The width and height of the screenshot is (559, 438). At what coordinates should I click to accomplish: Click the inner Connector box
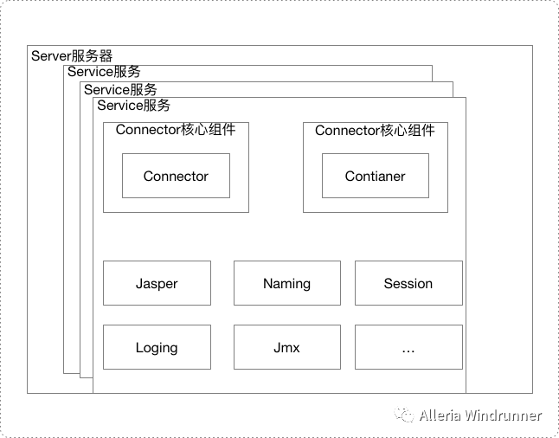click(176, 177)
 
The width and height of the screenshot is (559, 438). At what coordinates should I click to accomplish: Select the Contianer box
click(375, 177)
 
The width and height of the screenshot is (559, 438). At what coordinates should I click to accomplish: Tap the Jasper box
click(157, 283)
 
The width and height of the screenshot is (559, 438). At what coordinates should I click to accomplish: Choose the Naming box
click(286, 283)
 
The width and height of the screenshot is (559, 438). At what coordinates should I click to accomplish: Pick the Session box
click(408, 283)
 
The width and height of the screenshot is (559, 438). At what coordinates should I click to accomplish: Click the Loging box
click(157, 347)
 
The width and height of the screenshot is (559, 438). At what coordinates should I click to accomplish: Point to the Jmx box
click(286, 347)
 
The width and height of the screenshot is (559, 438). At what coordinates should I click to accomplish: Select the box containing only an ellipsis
click(408, 347)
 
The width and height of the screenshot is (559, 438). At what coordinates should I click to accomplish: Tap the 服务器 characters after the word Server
click(93, 56)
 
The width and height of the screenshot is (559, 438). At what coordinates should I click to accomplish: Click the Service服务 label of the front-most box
click(134, 106)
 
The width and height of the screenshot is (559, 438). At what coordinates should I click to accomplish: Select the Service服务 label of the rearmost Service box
click(104, 72)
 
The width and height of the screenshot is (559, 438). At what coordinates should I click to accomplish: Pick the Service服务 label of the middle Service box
click(120, 89)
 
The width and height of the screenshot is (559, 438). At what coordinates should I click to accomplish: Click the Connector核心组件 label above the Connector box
click(176, 131)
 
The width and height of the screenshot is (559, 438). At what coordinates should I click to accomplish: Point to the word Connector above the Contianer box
click(347, 131)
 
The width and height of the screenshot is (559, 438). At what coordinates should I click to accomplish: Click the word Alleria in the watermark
click(440, 415)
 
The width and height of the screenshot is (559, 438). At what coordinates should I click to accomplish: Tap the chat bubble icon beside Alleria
click(405, 415)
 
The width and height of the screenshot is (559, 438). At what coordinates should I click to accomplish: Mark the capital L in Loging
click(139, 347)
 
